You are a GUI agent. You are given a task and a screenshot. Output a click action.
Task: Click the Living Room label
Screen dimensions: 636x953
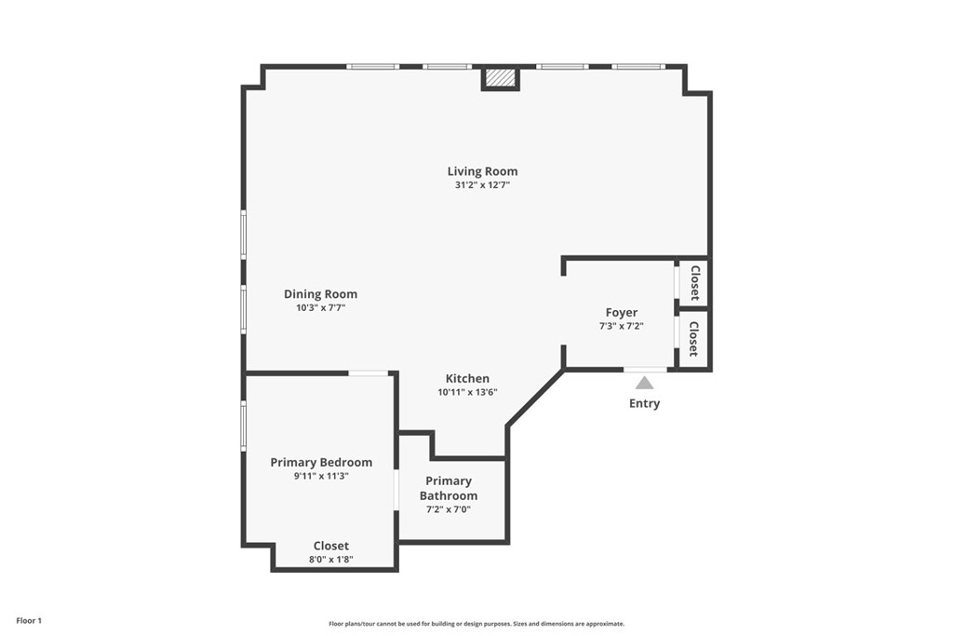click(x=482, y=171)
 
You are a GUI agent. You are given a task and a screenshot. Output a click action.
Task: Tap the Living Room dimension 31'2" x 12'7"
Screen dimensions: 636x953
click(x=482, y=185)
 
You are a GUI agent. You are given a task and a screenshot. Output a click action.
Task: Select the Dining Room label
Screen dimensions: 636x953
click(x=320, y=294)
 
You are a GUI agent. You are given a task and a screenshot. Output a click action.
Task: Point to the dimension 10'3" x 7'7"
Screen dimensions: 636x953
click(x=320, y=308)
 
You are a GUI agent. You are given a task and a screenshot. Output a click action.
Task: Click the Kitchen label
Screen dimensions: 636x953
click(x=467, y=378)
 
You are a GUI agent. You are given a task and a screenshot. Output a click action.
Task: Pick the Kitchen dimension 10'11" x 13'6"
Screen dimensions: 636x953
click(x=467, y=392)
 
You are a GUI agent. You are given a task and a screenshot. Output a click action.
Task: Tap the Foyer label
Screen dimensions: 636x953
click(x=622, y=313)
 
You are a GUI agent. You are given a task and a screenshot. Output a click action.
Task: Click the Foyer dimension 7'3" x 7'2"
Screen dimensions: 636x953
click(x=622, y=327)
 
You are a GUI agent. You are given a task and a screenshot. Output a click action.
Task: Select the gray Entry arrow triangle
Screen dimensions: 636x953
click(x=644, y=383)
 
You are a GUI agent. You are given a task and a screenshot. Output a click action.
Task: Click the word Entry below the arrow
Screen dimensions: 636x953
click(x=644, y=403)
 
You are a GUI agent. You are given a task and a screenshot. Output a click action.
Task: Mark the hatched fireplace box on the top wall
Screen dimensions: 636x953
click(x=501, y=78)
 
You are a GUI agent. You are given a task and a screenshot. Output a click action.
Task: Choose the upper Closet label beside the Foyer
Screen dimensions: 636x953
click(x=694, y=283)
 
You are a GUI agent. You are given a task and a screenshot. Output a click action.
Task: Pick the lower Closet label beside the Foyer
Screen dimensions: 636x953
click(x=694, y=339)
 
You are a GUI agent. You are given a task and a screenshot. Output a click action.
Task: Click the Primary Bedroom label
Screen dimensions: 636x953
click(x=321, y=462)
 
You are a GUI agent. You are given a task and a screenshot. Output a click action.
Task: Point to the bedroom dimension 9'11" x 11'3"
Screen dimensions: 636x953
click(x=321, y=476)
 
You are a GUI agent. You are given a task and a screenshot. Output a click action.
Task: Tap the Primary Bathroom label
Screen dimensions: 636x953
click(x=450, y=488)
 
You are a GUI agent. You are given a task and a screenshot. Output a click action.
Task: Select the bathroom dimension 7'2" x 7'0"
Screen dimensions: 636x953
click(x=450, y=509)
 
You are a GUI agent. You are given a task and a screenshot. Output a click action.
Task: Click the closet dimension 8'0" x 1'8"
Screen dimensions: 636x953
click(x=331, y=560)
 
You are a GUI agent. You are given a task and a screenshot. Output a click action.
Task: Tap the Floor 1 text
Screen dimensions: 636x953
click(x=29, y=620)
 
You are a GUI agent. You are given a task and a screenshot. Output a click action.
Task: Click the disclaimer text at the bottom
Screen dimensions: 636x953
click(x=476, y=624)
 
